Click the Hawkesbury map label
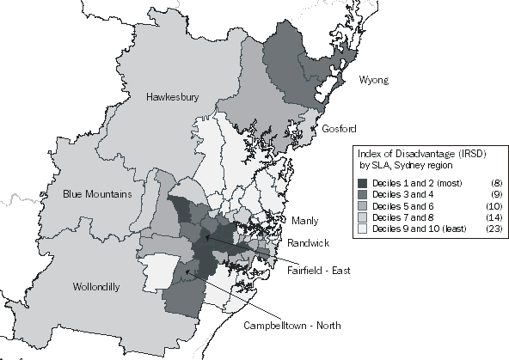[x=172, y=97]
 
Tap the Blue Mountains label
[x=97, y=194]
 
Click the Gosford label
[x=339, y=129]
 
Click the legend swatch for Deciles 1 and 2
[x=364, y=184]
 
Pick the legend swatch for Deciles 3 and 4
[x=364, y=195]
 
